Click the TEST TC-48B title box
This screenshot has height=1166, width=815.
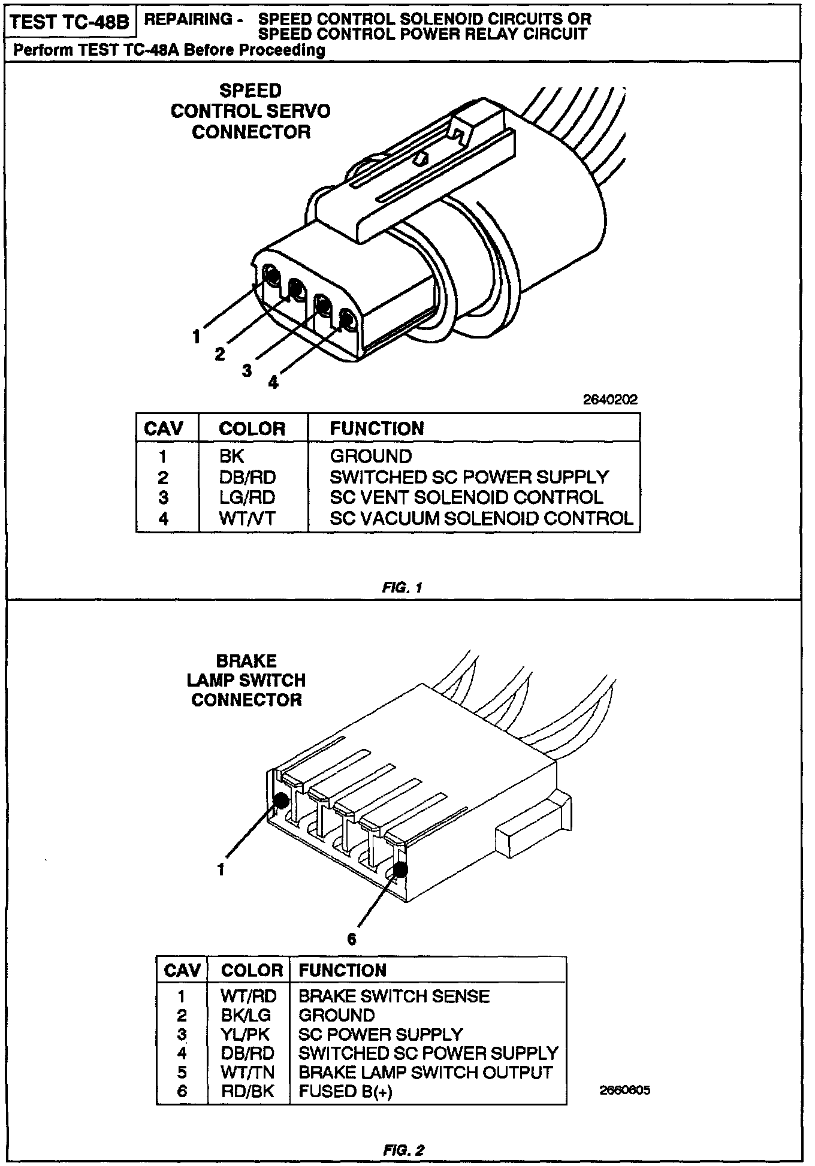(x=70, y=23)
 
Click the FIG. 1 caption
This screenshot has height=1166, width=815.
(x=402, y=588)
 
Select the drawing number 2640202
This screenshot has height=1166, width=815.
(x=610, y=400)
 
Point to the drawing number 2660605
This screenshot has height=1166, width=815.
(x=624, y=1090)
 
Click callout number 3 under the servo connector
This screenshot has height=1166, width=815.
(x=247, y=371)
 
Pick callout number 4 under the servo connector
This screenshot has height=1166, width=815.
(x=273, y=382)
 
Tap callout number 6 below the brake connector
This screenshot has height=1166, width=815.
(x=352, y=939)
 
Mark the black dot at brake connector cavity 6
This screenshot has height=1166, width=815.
(x=400, y=869)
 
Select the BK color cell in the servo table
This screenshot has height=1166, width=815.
(x=232, y=457)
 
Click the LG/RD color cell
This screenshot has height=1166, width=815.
(x=247, y=497)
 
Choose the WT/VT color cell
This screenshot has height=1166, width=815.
(x=247, y=518)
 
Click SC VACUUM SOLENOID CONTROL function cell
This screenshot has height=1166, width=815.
(x=481, y=518)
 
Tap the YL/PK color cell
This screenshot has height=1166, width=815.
(x=245, y=1034)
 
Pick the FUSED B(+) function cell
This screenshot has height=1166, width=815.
(x=345, y=1091)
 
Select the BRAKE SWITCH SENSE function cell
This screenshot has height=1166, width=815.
(x=394, y=996)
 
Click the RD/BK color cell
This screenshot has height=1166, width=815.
(x=247, y=1091)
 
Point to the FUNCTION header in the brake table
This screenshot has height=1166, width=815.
(x=342, y=970)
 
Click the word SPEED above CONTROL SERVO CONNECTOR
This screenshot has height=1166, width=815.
(x=250, y=91)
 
